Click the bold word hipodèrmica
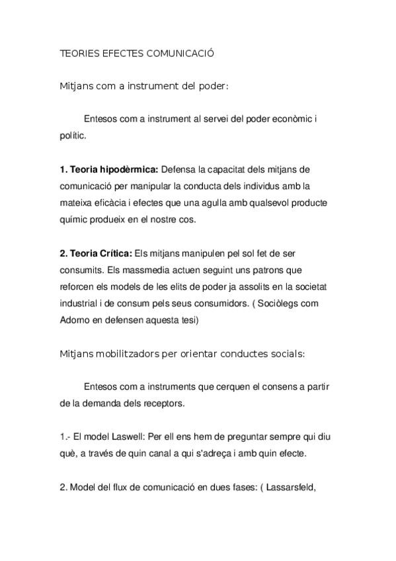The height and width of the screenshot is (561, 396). [129, 169]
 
